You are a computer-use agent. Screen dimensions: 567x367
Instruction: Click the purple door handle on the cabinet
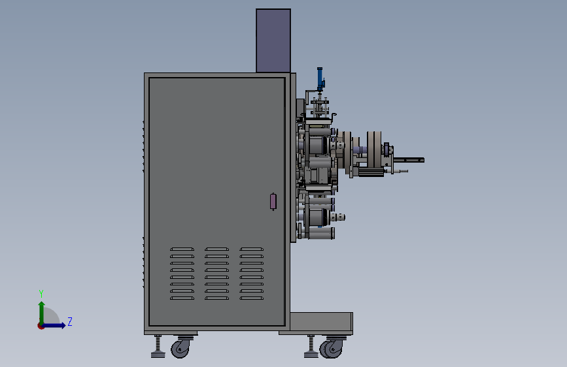click(x=273, y=201)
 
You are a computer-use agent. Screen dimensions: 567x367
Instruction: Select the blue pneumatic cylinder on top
click(x=320, y=79)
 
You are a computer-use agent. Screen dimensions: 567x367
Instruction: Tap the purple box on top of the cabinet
click(x=273, y=40)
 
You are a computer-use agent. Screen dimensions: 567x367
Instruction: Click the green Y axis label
click(x=41, y=293)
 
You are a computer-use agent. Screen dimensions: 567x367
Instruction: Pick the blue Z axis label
click(x=70, y=321)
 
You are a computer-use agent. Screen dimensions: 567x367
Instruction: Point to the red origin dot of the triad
click(x=41, y=326)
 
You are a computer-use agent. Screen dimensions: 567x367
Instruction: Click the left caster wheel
click(x=180, y=349)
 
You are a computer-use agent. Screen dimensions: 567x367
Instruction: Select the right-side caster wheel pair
click(x=331, y=349)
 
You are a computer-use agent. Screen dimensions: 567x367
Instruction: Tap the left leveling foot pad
click(x=158, y=355)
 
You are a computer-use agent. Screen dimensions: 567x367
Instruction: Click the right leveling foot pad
click(x=311, y=355)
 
